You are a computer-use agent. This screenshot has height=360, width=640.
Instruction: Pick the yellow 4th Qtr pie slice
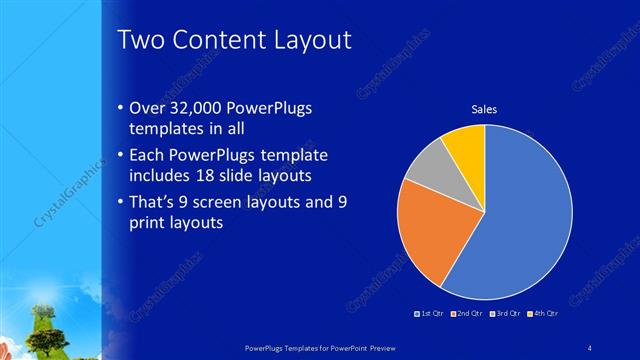tap(466, 144)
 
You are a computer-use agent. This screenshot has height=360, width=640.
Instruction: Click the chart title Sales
tap(484, 109)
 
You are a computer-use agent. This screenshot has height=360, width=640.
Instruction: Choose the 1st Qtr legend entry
tap(430, 314)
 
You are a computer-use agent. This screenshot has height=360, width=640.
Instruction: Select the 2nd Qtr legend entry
tap(466, 314)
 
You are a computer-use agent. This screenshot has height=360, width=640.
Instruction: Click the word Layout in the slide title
tap(309, 40)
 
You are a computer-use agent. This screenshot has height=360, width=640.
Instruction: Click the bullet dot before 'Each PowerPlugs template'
tap(120, 156)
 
